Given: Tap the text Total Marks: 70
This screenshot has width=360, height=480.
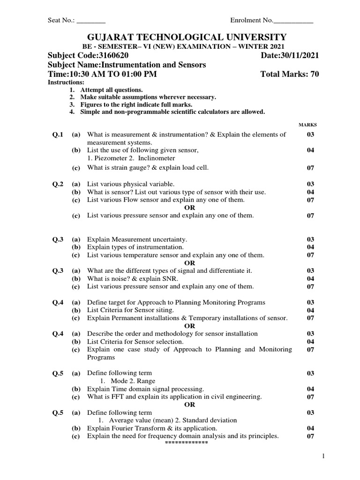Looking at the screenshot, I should [x=289, y=75].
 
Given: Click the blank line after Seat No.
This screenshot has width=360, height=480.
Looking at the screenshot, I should [x=91, y=21].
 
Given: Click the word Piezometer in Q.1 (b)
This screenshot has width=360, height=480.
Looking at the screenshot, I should [x=109, y=158].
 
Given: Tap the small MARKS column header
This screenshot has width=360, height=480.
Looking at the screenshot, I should [x=307, y=125].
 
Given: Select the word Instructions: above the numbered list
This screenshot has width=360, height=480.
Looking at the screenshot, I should [x=63, y=82].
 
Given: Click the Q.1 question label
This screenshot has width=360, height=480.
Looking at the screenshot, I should [x=58, y=135].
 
